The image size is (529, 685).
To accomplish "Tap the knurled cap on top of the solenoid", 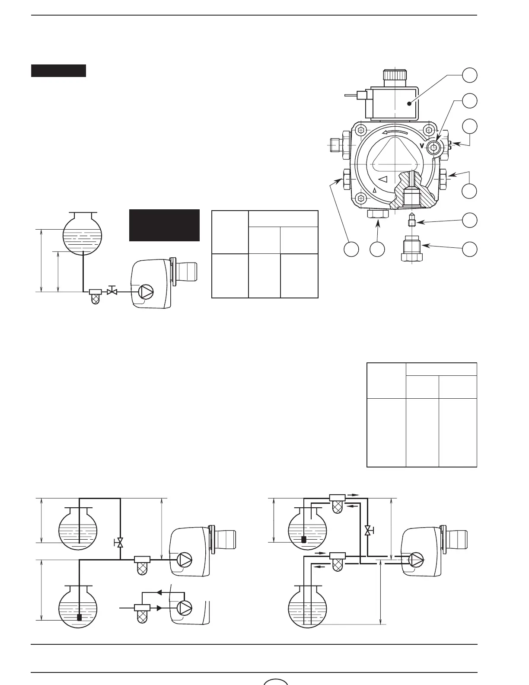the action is point(395,75).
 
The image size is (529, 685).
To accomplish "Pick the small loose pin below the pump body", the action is point(412,221).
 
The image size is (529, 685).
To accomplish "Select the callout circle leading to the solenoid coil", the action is point(470,75).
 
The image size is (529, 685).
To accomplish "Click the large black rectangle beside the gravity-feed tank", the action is point(164,225).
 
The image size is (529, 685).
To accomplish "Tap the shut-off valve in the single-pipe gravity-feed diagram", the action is point(112,291).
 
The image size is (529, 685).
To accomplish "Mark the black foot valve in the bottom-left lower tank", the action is point(79,617).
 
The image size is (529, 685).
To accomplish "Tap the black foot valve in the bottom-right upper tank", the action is point(303,539).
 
